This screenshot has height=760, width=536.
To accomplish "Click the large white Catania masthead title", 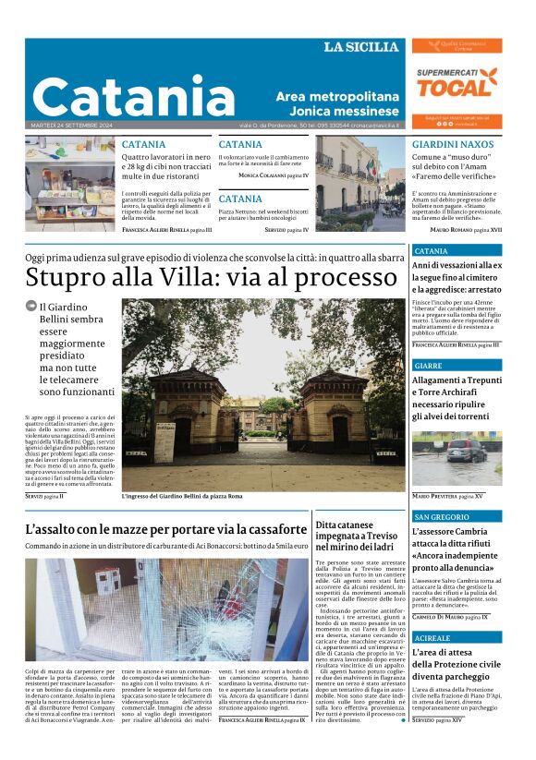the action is pos(133,95).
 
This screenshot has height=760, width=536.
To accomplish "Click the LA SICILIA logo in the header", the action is pos(360,47).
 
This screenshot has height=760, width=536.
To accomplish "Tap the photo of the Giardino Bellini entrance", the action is pos(263,394).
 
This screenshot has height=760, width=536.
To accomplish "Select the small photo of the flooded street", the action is pos(457,459).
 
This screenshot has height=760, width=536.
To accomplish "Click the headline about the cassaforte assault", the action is pos(166,529).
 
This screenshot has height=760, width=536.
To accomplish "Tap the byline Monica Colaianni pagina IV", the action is pos(274,175).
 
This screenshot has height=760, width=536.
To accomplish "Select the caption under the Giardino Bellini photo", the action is pos(182,497).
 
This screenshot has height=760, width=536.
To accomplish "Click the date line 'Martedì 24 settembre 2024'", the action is pos(70,125).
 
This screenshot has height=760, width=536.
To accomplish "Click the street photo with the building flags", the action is pos(359,183).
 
